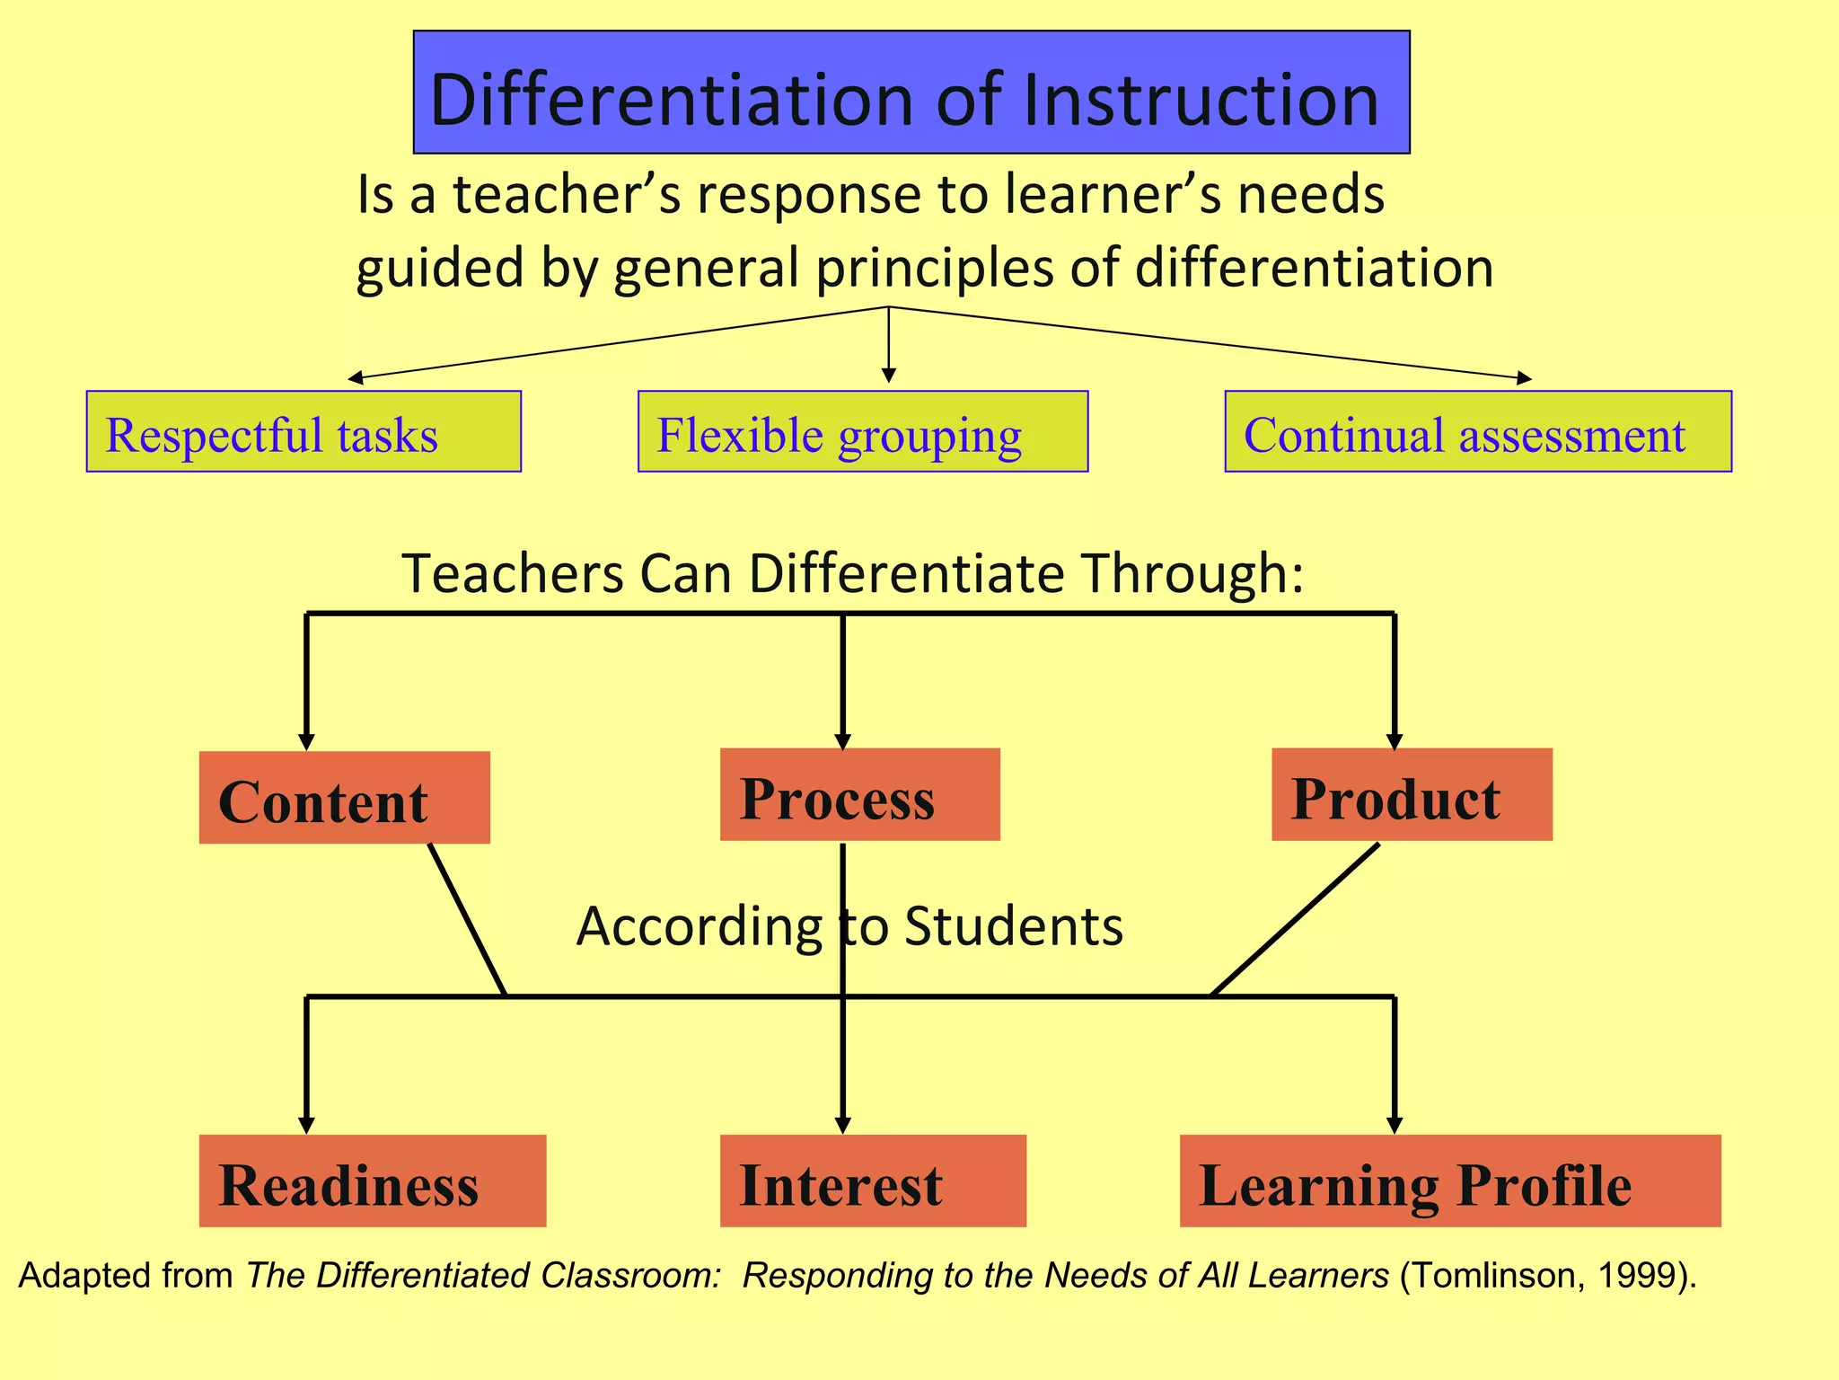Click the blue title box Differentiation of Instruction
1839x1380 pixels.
click(x=911, y=93)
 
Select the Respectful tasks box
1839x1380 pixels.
click(x=304, y=432)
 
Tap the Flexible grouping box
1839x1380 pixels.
click(x=862, y=432)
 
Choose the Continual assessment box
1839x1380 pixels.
click(x=1477, y=432)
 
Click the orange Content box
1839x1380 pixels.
click(x=344, y=798)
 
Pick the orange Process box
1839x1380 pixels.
click(x=859, y=795)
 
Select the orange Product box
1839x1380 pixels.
click(x=1411, y=795)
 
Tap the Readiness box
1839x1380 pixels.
click(x=372, y=1181)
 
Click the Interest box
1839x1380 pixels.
click(x=872, y=1181)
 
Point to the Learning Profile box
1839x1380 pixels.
click(x=1449, y=1181)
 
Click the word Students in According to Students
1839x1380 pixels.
click(x=1013, y=926)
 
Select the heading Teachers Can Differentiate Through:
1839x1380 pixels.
click(x=851, y=573)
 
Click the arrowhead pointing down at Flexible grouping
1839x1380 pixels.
click(x=888, y=375)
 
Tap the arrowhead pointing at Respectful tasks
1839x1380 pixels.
click(x=356, y=378)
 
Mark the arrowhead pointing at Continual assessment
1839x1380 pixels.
click(x=1524, y=378)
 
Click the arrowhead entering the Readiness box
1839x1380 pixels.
click(x=306, y=1125)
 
